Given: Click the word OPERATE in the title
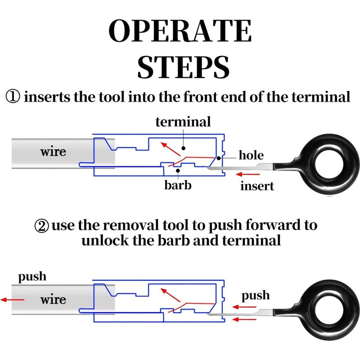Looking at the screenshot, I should click(x=180, y=32).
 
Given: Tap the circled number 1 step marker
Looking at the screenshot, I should click(x=12, y=97).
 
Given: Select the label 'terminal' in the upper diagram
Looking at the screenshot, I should click(x=183, y=121).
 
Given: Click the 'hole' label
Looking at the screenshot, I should click(x=251, y=156).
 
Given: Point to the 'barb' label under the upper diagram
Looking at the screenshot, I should click(x=177, y=184).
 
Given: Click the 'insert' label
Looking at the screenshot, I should click(x=257, y=185).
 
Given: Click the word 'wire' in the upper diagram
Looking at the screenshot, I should click(x=53, y=151).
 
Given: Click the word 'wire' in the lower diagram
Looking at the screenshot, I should click(x=53, y=299).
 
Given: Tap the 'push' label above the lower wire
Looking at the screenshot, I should click(x=32, y=276).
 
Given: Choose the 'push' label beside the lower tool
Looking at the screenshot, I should click(x=256, y=296).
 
